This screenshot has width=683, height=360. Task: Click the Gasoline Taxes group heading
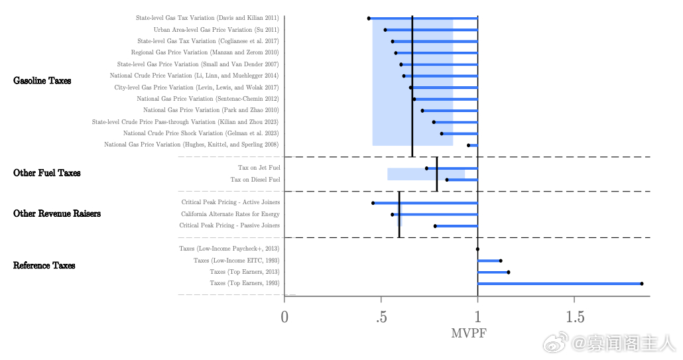point(42,81)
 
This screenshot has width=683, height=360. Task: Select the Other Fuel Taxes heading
point(46,173)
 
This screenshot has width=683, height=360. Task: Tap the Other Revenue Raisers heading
point(57,214)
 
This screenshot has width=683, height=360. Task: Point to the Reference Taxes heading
point(44,266)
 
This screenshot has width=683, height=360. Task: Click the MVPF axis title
point(468,333)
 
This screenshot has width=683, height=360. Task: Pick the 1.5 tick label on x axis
point(574,317)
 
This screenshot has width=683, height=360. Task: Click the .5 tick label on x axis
point(381,317)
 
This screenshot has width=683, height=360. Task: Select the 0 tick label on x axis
point(284,317)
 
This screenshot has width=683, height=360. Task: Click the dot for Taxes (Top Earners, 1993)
point(641,284)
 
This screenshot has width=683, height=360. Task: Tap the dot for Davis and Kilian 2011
point(369,19)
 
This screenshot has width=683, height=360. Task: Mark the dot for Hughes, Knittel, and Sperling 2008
point(468,145)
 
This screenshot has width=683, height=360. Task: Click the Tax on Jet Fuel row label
point(259,168)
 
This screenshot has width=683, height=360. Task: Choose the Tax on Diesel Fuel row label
point(255,180)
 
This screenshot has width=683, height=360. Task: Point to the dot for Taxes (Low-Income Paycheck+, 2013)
point(477,249)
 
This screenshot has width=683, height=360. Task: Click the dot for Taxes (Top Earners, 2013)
point(508,272)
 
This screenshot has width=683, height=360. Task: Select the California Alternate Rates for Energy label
point(230,214)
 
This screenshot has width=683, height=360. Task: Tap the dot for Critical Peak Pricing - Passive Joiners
point(435,226)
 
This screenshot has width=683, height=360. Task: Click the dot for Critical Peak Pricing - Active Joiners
point(373,203)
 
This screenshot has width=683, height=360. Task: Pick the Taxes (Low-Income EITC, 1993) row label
point(236,261)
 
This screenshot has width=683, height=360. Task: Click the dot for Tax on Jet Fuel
point(426,168)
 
